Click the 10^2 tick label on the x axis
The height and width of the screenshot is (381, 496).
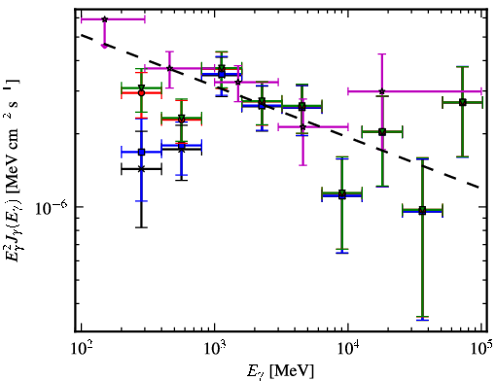[81, 349]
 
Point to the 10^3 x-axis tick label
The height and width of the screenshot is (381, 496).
[214, 349]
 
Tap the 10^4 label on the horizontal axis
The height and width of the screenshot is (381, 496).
[348, 349]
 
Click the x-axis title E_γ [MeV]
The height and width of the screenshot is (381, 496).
[280, 371]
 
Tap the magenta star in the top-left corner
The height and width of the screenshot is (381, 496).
[104, 19]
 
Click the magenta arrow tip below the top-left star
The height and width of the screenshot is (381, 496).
[104, 47]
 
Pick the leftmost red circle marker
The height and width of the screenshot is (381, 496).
[141, 93]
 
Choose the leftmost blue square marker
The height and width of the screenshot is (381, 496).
[141, 152]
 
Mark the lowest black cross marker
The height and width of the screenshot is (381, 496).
[141, 169]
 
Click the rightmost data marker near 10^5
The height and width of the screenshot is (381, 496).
[463, 103]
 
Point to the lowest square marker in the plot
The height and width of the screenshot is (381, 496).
[422, 211]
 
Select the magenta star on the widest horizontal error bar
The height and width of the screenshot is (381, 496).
[382, 91]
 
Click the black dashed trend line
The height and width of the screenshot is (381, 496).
[280, 111]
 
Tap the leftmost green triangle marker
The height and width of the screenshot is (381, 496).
[141, 87]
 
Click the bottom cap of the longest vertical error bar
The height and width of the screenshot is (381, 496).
[422, 320]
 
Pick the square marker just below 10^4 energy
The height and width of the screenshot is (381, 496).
[342, 194]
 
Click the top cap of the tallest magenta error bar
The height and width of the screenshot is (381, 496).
[382, 54]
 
